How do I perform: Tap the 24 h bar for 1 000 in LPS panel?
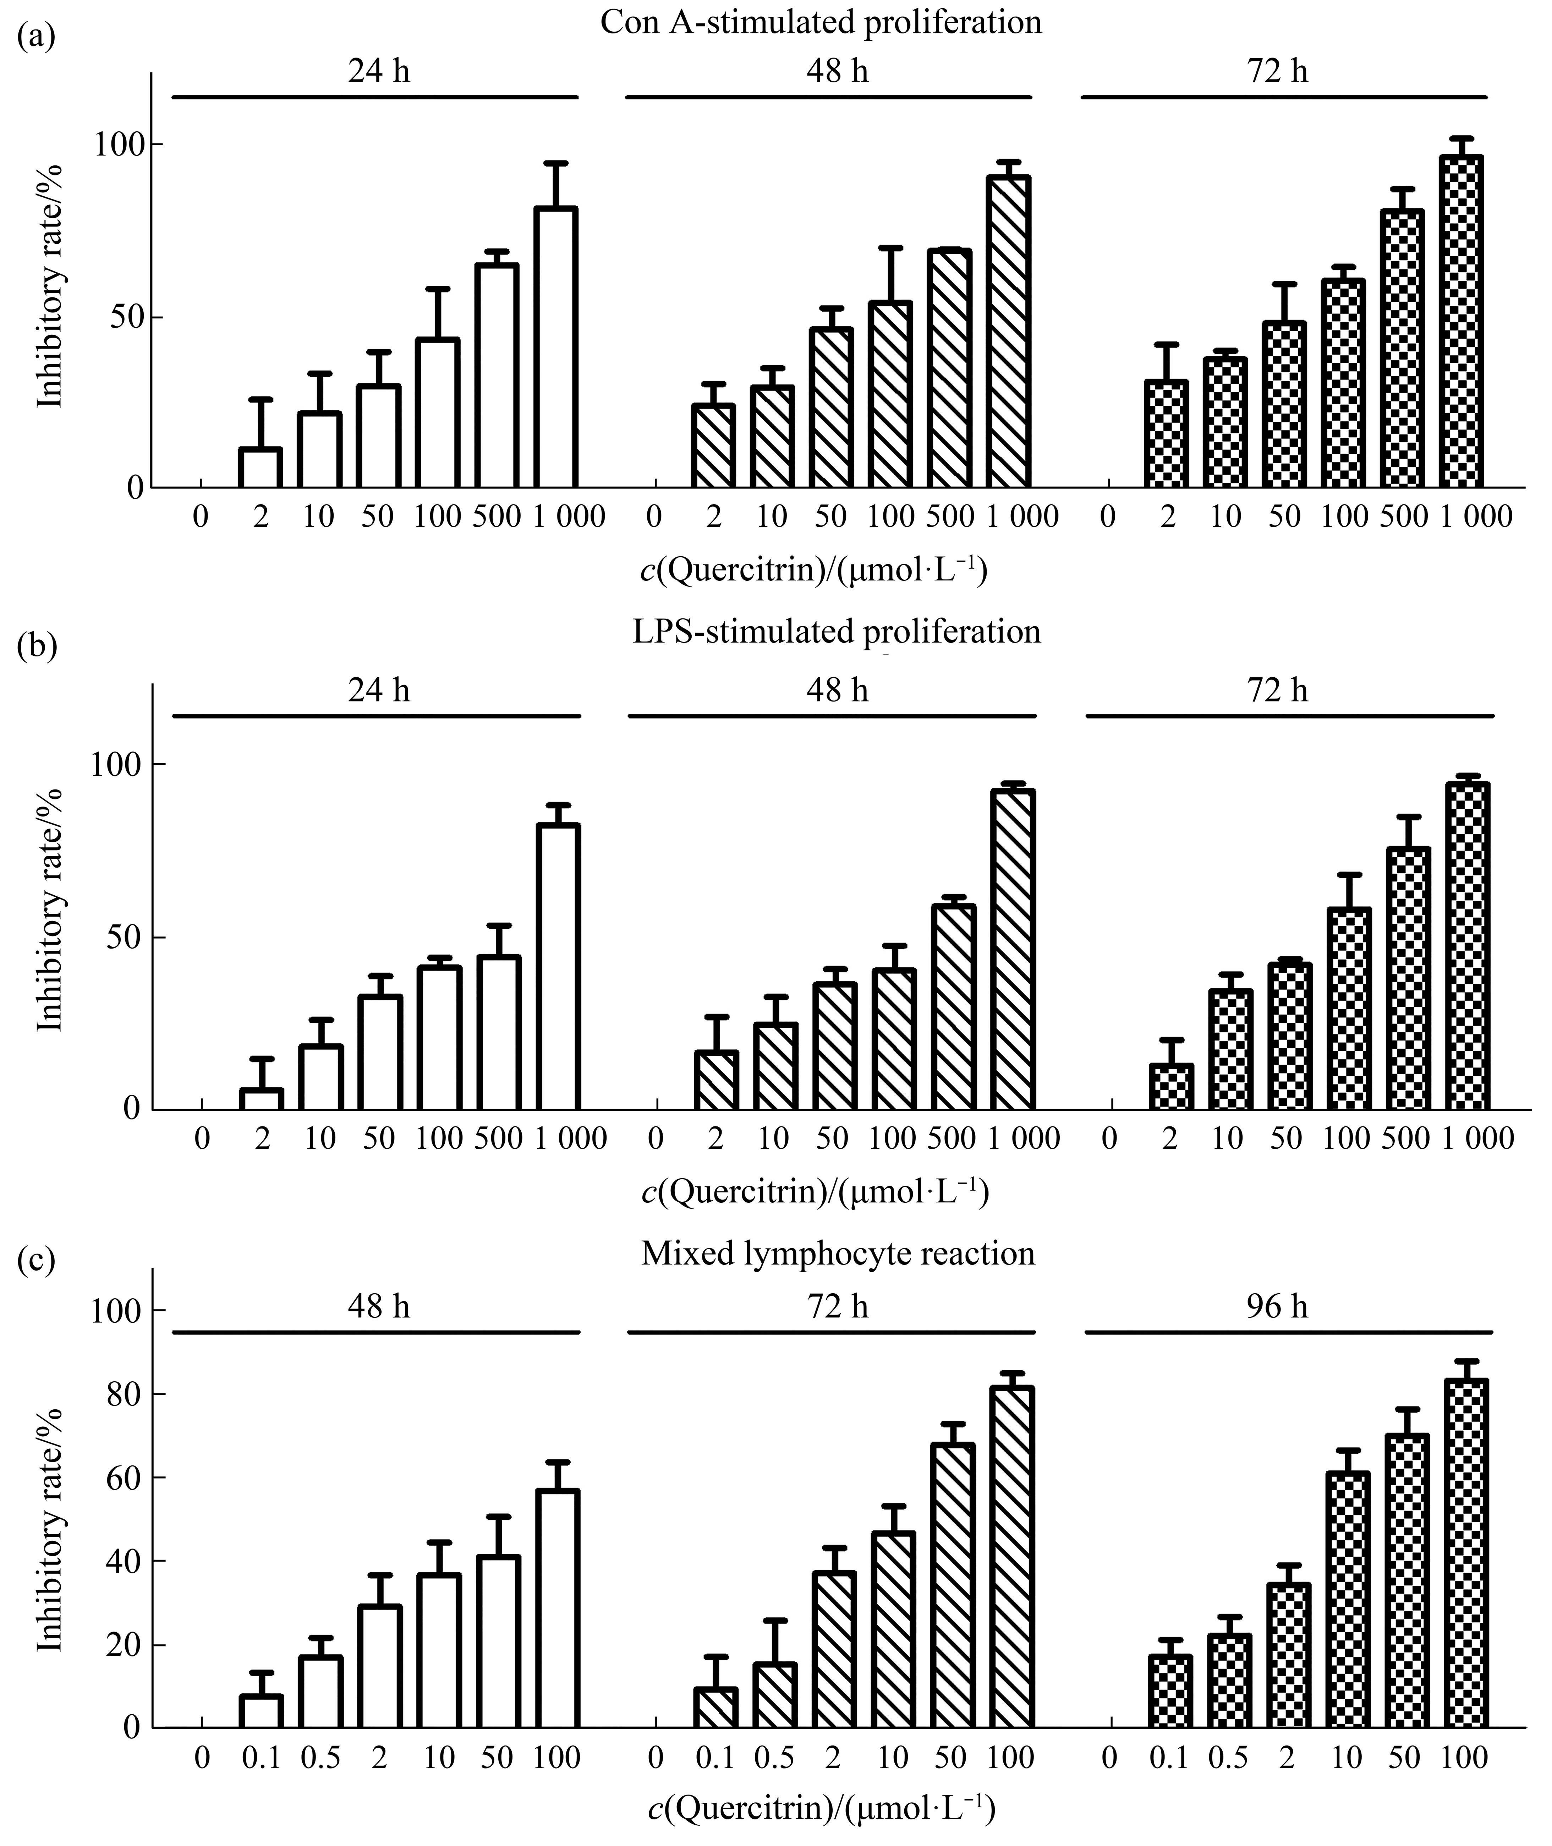[x=558, y=966]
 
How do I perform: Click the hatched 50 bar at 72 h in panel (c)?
[x=952, y=1585]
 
